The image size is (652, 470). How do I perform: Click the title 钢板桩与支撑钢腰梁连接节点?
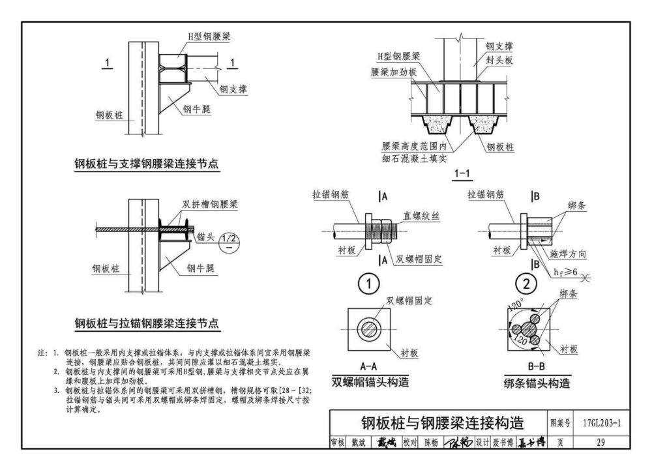146,164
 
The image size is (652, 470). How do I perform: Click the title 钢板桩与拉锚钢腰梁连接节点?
147,323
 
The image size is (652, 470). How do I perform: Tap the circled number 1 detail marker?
369,284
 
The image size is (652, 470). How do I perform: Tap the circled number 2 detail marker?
526,284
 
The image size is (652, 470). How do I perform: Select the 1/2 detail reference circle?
229,242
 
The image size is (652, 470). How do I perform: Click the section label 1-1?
462,173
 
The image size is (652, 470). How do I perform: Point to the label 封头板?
499,60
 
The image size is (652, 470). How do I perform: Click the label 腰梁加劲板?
393,72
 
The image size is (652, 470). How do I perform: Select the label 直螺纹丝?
421,216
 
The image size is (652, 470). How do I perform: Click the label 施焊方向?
568,254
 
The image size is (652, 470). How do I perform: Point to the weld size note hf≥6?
565,272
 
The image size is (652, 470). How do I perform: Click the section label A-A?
368,366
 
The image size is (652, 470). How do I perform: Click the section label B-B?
537,366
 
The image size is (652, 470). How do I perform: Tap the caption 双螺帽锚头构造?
370,381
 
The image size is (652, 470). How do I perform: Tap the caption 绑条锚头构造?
537,383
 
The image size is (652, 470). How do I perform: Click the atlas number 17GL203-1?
602,423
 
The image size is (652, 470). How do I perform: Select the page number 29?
600,443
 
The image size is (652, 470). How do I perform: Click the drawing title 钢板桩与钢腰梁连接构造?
443,423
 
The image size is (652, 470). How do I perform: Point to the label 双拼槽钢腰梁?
210,204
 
